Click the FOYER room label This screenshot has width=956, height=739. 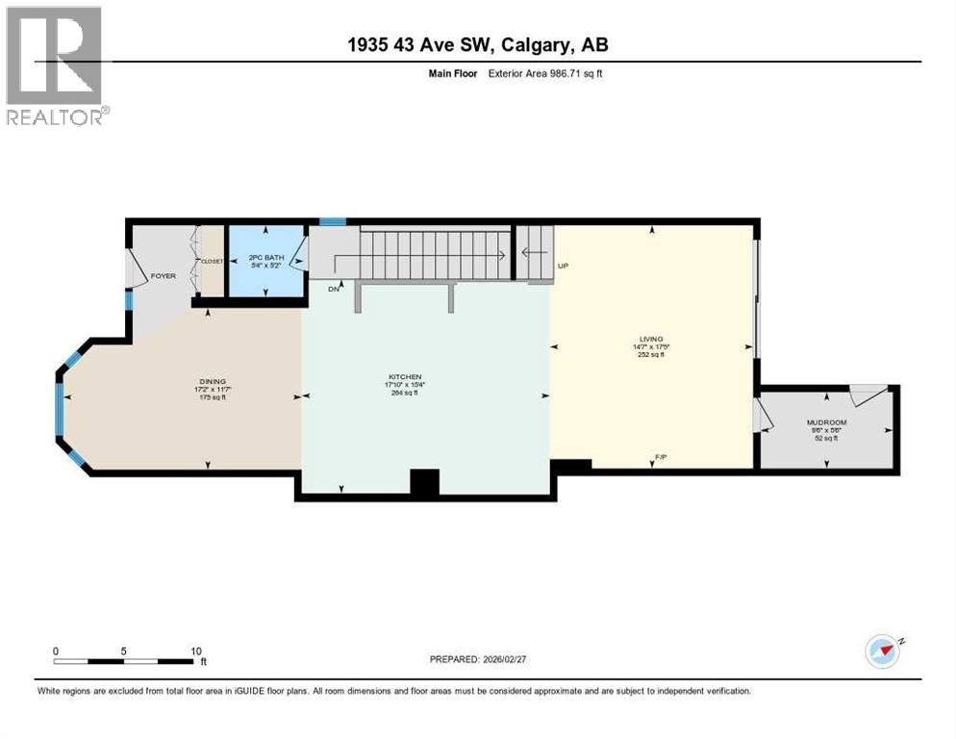(x=164, y=276)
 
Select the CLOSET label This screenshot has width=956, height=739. (x=212, y=261)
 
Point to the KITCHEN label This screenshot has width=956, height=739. (x=404, y=376)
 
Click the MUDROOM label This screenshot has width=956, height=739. (x=827, y=422)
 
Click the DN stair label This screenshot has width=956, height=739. (x=334, y=288)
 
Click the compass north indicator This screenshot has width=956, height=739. (x=883, y=650)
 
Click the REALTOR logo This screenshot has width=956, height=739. (x=55, y=65)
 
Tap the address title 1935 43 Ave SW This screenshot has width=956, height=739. (x=478, y=45)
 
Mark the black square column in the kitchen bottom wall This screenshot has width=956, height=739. (x=424, y=482)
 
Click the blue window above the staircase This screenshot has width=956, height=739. (x=333, y=222)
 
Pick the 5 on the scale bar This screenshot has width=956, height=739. (x=124, y=650)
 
